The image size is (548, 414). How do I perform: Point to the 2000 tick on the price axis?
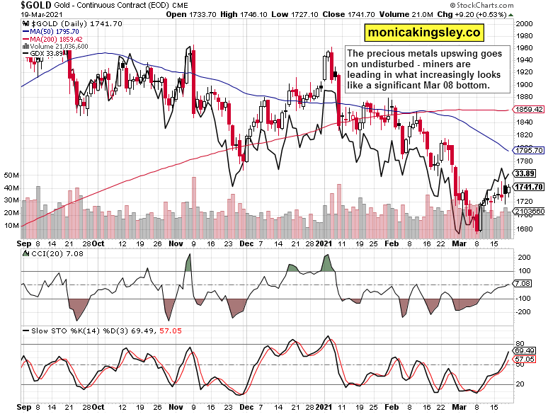524,23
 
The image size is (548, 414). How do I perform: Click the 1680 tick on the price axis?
524,228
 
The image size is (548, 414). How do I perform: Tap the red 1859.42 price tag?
529,110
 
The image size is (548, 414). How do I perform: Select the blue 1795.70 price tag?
529,150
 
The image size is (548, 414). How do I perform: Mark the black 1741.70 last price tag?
529,187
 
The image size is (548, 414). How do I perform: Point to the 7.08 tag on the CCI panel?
523,284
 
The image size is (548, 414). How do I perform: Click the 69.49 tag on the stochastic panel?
525,351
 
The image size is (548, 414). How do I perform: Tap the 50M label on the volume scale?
11,175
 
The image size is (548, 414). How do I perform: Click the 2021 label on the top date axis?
324,241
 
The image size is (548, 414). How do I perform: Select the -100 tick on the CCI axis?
523,299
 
